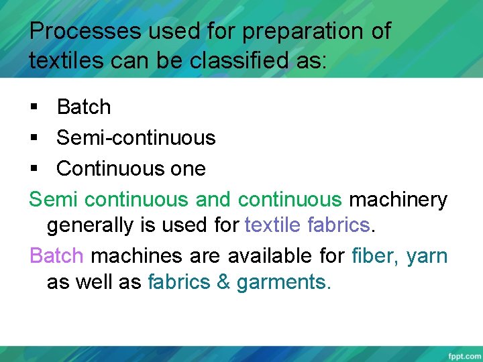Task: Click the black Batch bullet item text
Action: pos(84,107)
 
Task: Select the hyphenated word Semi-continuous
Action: pos(136,138)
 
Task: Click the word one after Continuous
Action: pos(189,169)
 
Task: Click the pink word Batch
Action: pos(57,256)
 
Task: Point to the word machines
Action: pos(134,256)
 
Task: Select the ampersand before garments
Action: pos(223,282)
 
